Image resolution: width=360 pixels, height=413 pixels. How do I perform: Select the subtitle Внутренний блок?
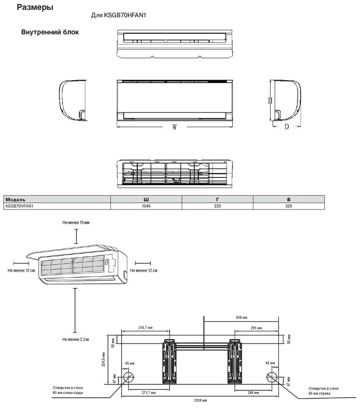[50, 32]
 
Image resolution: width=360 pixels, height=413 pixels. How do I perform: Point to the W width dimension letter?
[174, 127]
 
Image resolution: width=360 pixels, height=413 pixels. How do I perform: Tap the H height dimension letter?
[269, 101]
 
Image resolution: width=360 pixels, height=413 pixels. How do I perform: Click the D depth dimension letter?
[286, 127]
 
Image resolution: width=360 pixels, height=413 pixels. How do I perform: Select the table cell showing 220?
[217, 206]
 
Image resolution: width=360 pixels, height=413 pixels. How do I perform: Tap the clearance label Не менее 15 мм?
[76, 222]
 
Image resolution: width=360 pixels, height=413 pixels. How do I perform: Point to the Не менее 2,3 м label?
[76, 339]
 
